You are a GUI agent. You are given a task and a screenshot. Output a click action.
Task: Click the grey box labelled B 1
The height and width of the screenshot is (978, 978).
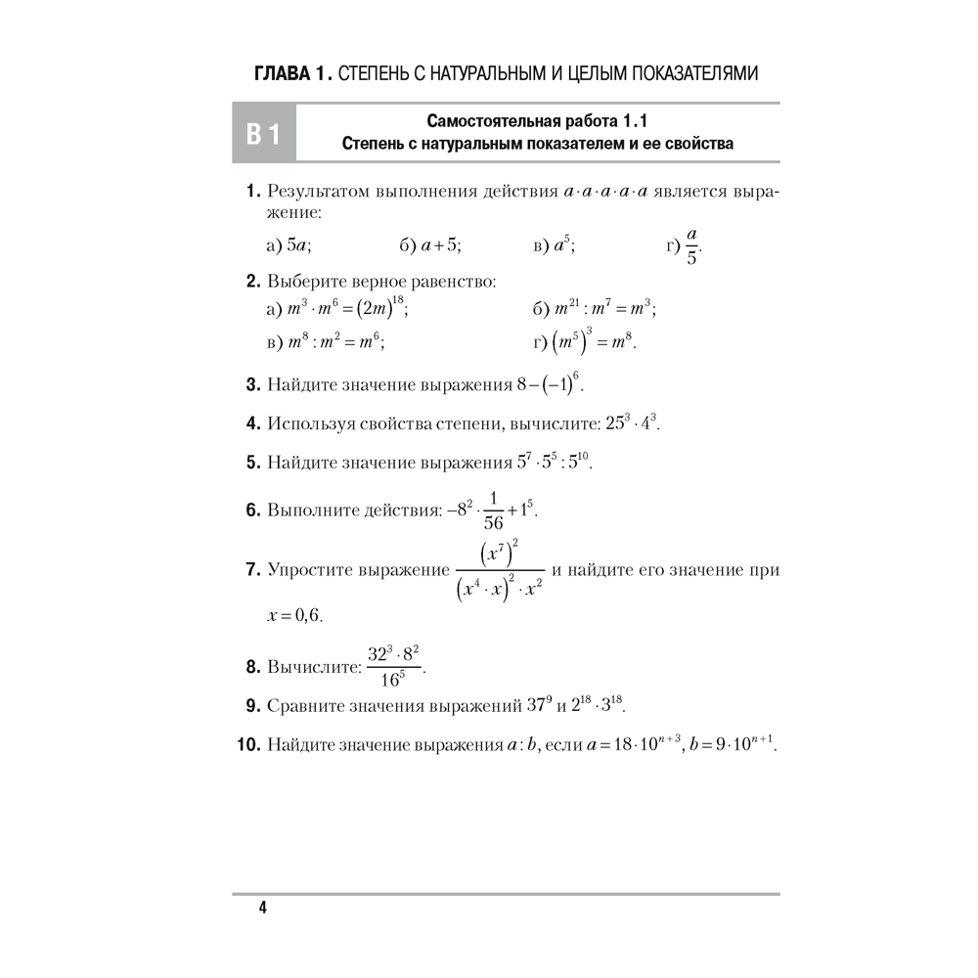(262, 134)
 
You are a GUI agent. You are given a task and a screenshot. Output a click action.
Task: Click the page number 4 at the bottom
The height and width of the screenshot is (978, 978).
(262, 909)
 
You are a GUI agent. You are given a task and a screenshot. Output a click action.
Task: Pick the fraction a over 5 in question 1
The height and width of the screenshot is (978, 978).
(691, 245)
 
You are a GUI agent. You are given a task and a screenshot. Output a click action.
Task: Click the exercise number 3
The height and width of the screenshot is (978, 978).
(250, 384)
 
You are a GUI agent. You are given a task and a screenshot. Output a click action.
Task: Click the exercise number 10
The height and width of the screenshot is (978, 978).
(247, 746)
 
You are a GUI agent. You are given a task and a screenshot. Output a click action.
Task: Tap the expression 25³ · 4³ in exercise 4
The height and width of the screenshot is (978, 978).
(634, 423)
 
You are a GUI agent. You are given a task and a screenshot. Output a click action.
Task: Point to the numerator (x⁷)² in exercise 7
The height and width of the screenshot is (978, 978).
(499, 554)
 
